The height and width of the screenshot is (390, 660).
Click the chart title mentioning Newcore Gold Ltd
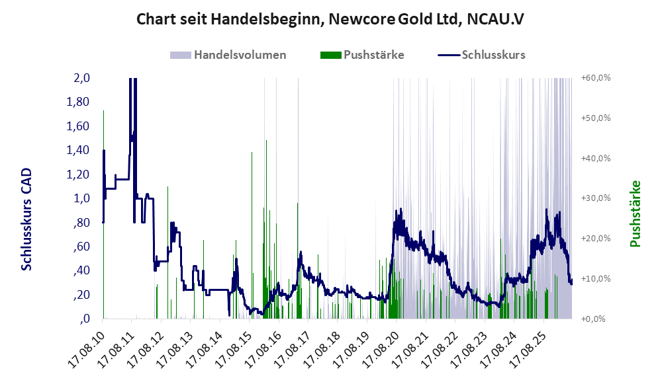(x=330, y=19)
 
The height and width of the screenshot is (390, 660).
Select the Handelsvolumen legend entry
(x=228, y=55)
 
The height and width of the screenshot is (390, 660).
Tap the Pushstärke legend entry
(x=362, y=55)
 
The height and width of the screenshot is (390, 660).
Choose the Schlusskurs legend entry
(x=481, y=55)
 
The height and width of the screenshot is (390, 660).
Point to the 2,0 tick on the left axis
(x=81, y=78)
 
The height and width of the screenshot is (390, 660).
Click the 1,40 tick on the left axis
(x=78, y=150)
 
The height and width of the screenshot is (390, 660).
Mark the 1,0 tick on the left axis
(x=81, y=198)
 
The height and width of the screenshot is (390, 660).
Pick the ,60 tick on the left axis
(x=81, y=247)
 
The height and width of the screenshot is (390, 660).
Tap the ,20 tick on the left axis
(x=81, y=295)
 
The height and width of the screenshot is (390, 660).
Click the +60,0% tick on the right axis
(x=596, y=78)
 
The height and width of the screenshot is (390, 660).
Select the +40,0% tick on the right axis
(x=596, y=158)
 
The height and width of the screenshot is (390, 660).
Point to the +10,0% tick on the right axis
(x=596, y=279)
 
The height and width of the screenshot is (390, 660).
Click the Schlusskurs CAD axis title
(x=26, y=219)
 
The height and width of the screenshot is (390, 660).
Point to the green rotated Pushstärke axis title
(x=635, y=214)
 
